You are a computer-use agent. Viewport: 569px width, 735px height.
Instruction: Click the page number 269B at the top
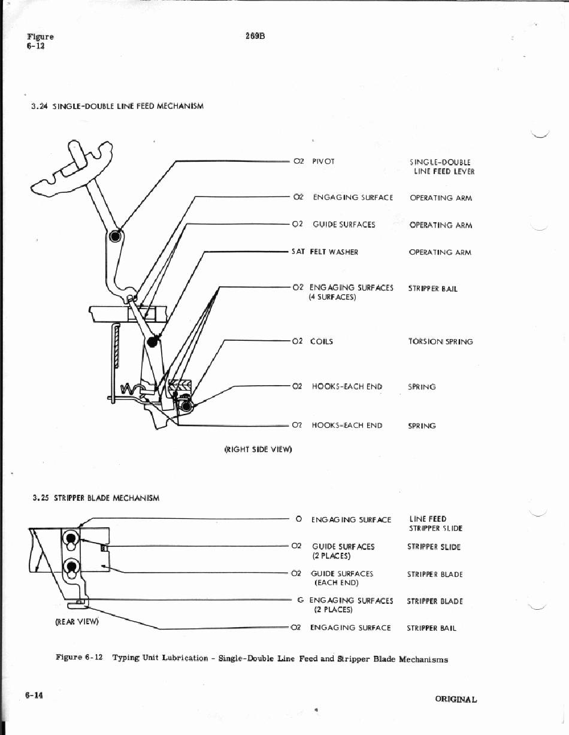255,36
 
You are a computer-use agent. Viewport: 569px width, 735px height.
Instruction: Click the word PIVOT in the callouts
323,161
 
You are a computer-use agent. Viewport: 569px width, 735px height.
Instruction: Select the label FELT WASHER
334,252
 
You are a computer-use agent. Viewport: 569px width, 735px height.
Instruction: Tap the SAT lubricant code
298,252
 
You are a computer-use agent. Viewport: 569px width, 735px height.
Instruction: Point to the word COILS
322,341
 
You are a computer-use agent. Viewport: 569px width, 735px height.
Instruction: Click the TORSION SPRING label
440,341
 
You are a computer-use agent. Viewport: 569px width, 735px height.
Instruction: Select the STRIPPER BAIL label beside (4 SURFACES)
432,288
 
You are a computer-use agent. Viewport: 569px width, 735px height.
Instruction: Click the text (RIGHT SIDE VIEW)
258,449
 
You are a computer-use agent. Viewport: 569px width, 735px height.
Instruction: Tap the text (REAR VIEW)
76,621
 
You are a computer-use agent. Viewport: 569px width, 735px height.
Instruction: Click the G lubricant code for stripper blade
300,600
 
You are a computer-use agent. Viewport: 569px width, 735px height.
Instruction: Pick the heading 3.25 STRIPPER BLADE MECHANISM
96,497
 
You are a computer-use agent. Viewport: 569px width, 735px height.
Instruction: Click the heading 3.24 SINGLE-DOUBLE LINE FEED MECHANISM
117,106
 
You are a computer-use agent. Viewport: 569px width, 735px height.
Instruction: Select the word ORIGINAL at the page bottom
456,699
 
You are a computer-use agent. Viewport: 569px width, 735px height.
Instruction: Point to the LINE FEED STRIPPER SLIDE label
435,524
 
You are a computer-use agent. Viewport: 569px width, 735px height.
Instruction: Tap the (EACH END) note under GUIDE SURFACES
336,582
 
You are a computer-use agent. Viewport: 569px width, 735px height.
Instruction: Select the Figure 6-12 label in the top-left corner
39,41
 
